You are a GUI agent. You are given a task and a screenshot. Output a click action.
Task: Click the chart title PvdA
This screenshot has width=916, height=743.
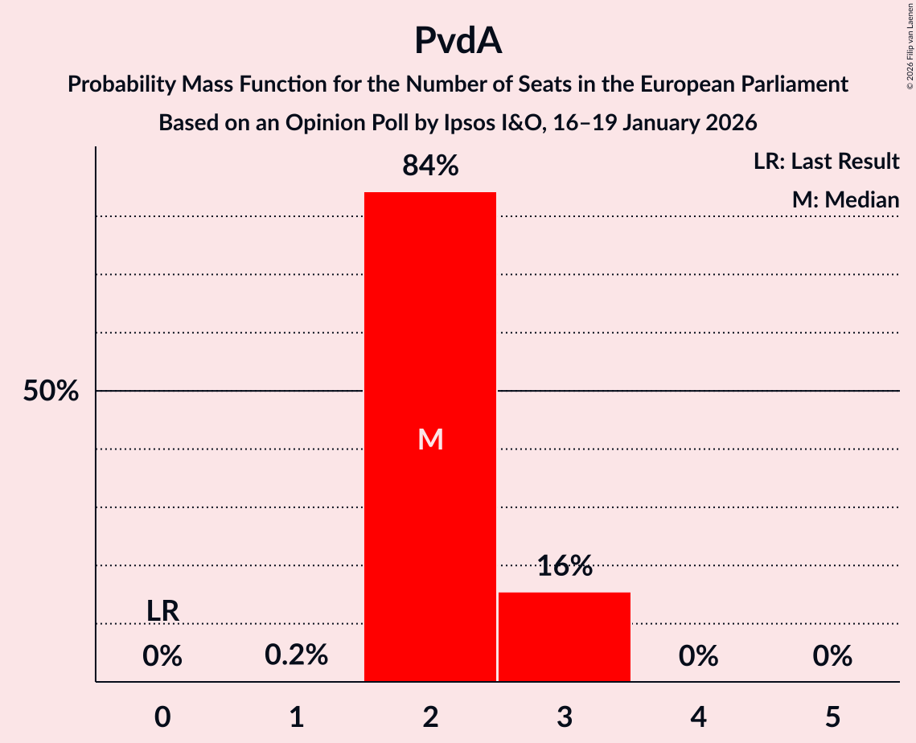click(x=458, y=41)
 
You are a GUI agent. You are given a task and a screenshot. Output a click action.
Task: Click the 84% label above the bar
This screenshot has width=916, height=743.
click(x=430, y=166)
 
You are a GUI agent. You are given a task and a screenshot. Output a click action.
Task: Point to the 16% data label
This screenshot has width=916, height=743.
click(x=565, y=566)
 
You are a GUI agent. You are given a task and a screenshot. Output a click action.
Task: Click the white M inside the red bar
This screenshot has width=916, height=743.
click(x=430, y=439)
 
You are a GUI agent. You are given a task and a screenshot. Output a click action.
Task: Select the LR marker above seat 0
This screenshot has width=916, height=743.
click(x=162, y=611)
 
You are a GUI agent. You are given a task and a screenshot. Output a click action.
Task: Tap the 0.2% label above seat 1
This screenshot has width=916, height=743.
click(x=296, y=655)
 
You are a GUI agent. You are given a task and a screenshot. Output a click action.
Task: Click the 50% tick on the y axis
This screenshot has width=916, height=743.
click(x=51, y=392)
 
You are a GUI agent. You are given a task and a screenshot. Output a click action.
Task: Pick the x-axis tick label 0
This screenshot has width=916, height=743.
click(x=162, y=716)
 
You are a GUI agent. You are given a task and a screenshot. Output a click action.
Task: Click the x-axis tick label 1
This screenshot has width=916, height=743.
click(x=296, y=716)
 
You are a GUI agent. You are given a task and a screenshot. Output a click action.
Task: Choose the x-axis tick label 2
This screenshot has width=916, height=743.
click(x=430, y=716)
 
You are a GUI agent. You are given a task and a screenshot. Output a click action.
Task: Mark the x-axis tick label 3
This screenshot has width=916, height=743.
click(x=565, y=716)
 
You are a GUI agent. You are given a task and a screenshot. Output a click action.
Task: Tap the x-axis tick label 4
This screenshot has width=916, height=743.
click(x=698, y=716)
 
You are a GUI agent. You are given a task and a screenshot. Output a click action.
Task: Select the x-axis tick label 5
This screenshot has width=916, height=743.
click(x=832, y=716)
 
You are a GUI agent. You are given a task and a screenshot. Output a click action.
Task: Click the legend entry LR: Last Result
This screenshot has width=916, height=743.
click(x=826, y=162)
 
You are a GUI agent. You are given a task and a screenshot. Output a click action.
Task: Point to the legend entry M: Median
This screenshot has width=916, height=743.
click(x=845, y=200)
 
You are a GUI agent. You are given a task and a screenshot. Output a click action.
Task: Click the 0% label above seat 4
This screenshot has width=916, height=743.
click(x=698, y=656)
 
